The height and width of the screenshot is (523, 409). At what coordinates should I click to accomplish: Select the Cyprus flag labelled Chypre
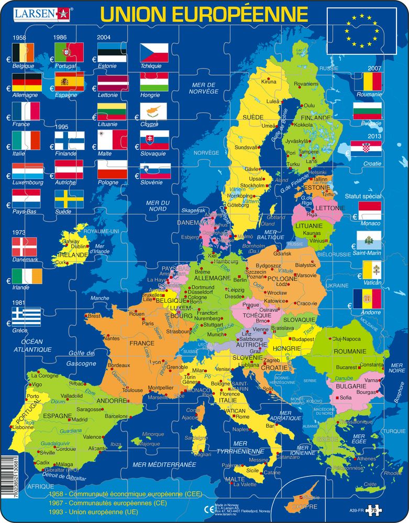[154, 111]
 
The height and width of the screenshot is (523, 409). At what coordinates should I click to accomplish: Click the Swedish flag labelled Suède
[69, 199]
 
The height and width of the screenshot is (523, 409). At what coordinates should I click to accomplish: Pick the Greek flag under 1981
[27, 316]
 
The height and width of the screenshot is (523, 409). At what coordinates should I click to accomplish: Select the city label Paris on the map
[147, 323]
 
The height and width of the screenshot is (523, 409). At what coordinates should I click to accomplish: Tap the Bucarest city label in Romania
[347, 367]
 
